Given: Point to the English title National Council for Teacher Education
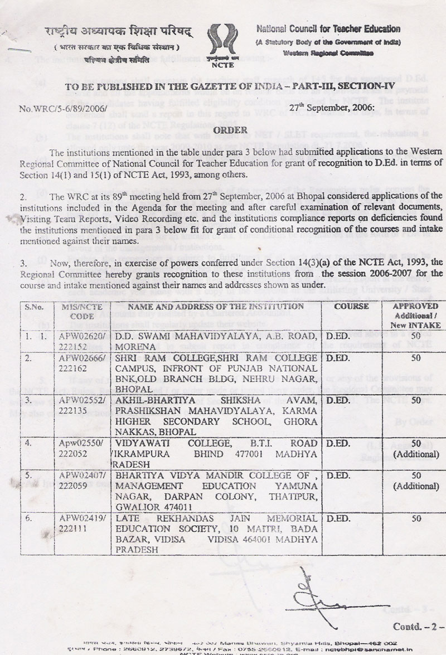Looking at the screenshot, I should [x=328, y=29].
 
